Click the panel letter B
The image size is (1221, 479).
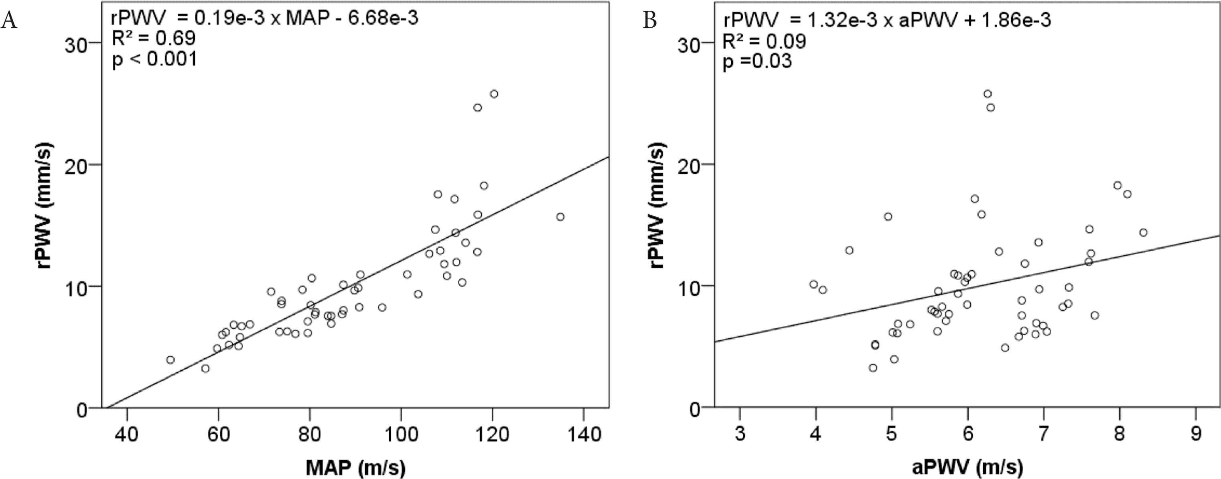tap(650, 21)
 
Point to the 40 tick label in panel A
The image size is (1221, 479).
tap(127, 434)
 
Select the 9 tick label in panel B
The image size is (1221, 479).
tap(1196, 434)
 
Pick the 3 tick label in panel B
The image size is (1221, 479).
tap(740, 434)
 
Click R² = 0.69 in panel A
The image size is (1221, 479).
tap(154, 39)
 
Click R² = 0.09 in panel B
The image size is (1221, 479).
tap(764, 41)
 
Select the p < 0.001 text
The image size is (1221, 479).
tap(154, 59)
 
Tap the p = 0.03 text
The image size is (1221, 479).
tap(757, 62)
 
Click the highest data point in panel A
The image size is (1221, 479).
tap(494, 94)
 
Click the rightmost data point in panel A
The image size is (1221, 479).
tap(560, 217)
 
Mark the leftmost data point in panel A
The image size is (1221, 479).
tap(170, 360)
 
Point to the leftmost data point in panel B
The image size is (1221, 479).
tap(814, 284)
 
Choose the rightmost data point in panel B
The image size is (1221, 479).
tap(1143, 232)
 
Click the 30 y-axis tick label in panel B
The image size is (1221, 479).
tap(689, 45)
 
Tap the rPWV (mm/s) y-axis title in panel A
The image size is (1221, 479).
tap(45, 206)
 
